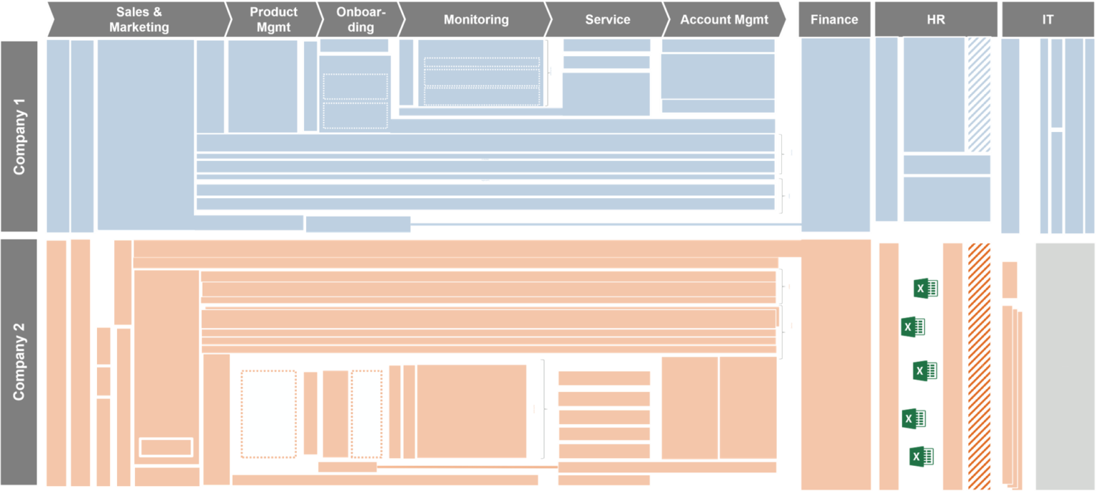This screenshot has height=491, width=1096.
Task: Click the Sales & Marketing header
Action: coord(139,19)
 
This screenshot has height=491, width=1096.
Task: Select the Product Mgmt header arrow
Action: coord(273,19)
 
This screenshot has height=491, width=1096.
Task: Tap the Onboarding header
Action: coord(359,19)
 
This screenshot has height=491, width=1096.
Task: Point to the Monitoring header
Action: coord(476,19)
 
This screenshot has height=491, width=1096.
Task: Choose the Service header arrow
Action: coord(607,19)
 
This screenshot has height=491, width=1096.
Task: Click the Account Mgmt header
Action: coord(724,19)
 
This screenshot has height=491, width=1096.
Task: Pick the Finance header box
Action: coord(834,19)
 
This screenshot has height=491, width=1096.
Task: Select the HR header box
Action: coord(935,19)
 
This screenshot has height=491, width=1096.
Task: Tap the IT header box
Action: coord(1047,19)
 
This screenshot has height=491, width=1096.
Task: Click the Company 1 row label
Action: coord(19,136)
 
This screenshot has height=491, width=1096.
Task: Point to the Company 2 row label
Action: coord(19,362)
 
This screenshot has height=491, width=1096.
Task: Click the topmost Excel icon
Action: coord(925,288)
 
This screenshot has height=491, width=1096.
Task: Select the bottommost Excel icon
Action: coord(922,457)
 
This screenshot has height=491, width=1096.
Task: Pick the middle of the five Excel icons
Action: coord(925,371)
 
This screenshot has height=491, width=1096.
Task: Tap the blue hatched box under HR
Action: coord(978,95)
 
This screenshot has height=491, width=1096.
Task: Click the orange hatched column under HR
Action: coord(979,366)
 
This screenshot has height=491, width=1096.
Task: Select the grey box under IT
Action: coord(1064,366)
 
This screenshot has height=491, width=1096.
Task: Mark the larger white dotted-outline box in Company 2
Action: coord(268,413)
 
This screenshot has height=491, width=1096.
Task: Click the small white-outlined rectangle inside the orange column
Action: coord(166,447)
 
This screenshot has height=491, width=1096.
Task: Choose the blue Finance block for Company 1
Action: coord(836,135)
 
